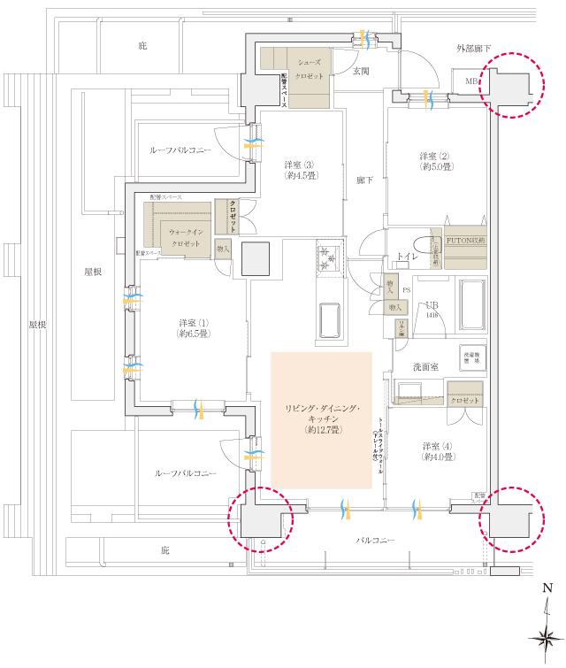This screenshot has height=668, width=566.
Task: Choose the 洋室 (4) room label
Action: (438, 451)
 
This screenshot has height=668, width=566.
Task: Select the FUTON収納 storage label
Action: (465, 240)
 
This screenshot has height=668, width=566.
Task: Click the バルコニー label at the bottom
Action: (376, 540)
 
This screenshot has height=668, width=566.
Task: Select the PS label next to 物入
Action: (406, 288)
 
